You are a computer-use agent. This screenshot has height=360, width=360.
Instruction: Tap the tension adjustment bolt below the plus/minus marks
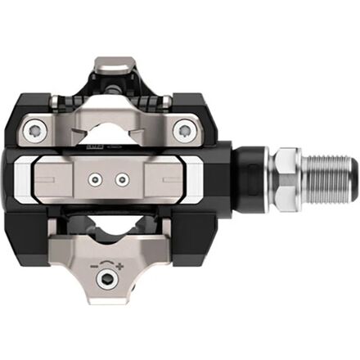(x=106, y=279)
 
